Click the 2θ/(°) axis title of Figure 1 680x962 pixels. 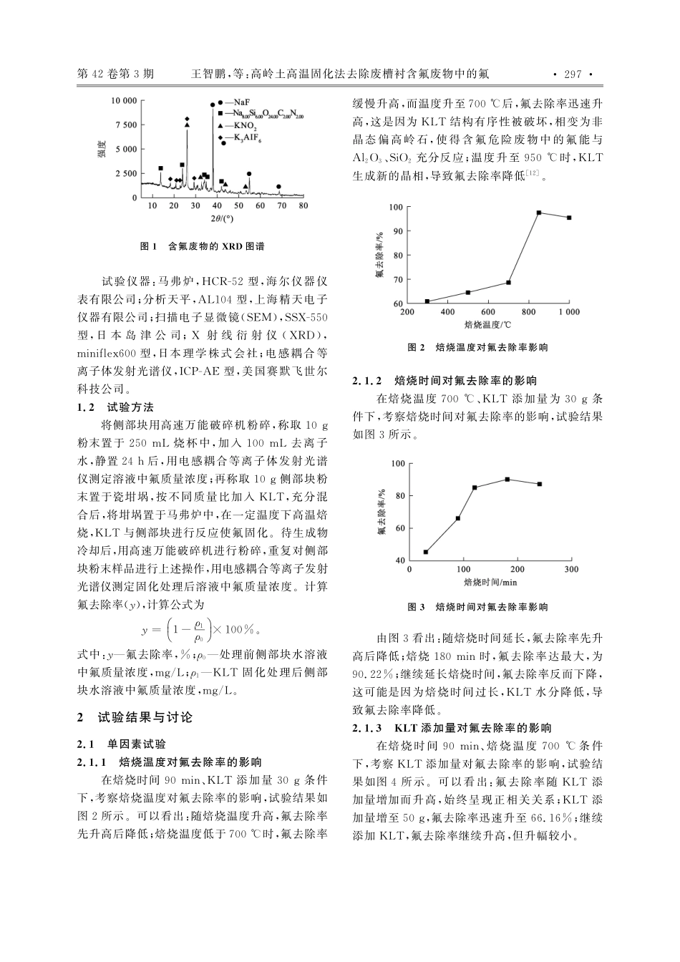pyautogui.click(x=223, y=218)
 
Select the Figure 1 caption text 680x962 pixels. pyautogui.click(x=203, y=246)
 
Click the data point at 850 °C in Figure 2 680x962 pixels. pyautogui.click(x=539, y=213)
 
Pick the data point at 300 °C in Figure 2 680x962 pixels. pyautogui.click(x=427, y=301)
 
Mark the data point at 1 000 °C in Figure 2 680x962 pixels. pyautogui.click(x=569, y=218)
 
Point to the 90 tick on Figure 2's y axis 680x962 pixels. pyautogui.click(x=397, y=231)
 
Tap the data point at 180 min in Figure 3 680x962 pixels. pyautogui.click(x=507, y=480)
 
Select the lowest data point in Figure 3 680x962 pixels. pyautogui.click(x=426, y=552)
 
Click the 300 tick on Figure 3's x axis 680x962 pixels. pyautogui.click(x=570, y=570)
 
